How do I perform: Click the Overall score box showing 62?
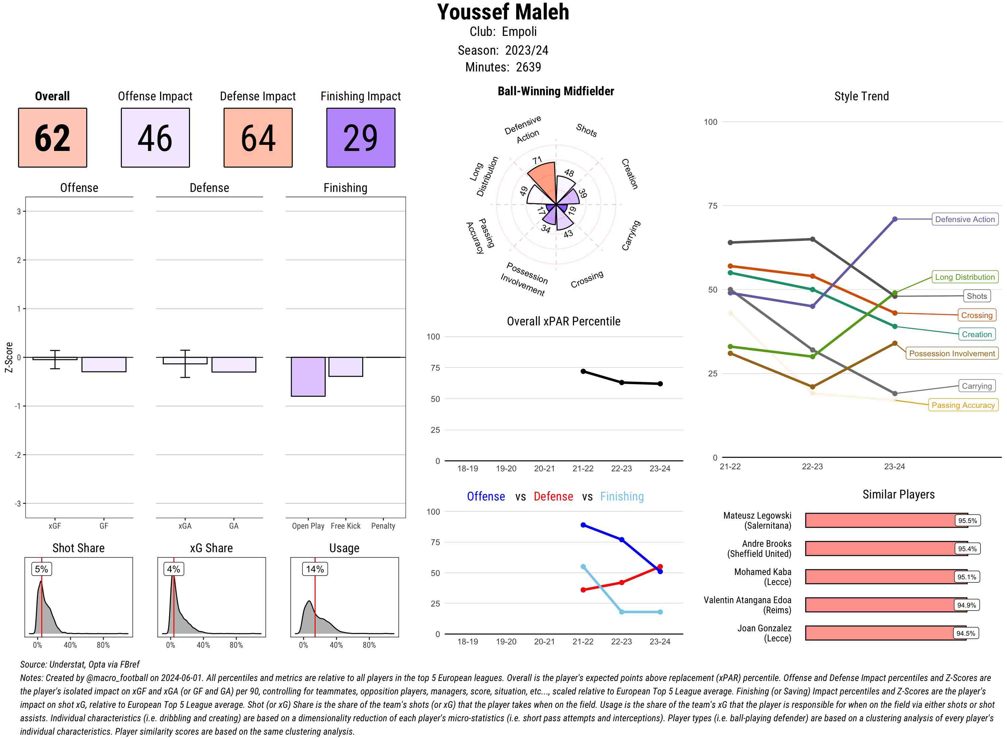tap(52, 138)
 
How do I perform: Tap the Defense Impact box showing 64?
tap(258, 138)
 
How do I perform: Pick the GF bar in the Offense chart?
tap(104, 365)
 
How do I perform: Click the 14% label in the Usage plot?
tap(315, 569)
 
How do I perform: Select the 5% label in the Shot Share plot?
tap(41, 569)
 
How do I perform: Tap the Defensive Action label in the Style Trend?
tap(965, 219)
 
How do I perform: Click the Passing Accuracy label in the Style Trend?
tap(963, 405)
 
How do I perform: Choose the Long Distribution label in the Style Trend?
tap(965, 277)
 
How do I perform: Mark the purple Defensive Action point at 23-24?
tap(894, 219)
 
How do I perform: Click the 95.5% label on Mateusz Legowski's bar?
tap(967, 520)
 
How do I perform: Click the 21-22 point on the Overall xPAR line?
tap(583, 371)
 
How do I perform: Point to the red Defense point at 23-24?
tap(660, 567)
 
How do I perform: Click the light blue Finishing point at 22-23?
tap(621, 612)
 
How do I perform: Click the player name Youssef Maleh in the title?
tap(503, 12)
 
